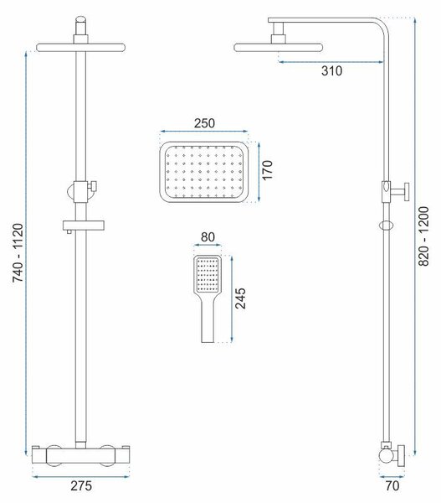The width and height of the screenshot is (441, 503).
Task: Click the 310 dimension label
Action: (331, 71)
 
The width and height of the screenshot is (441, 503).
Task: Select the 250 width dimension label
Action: (204, 123)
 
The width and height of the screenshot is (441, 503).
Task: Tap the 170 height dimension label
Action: (267, 170)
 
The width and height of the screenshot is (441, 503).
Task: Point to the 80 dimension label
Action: (208, 237)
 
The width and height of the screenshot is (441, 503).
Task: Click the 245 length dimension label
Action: (240, 298)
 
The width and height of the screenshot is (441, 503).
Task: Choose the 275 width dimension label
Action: (81, 485)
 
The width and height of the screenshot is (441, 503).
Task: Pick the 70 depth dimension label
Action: (392, 485)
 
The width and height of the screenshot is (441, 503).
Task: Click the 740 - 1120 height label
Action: (18, 253)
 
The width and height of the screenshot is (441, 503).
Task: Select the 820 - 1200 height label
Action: (423, 236)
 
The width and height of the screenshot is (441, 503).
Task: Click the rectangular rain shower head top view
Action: (204, 172)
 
